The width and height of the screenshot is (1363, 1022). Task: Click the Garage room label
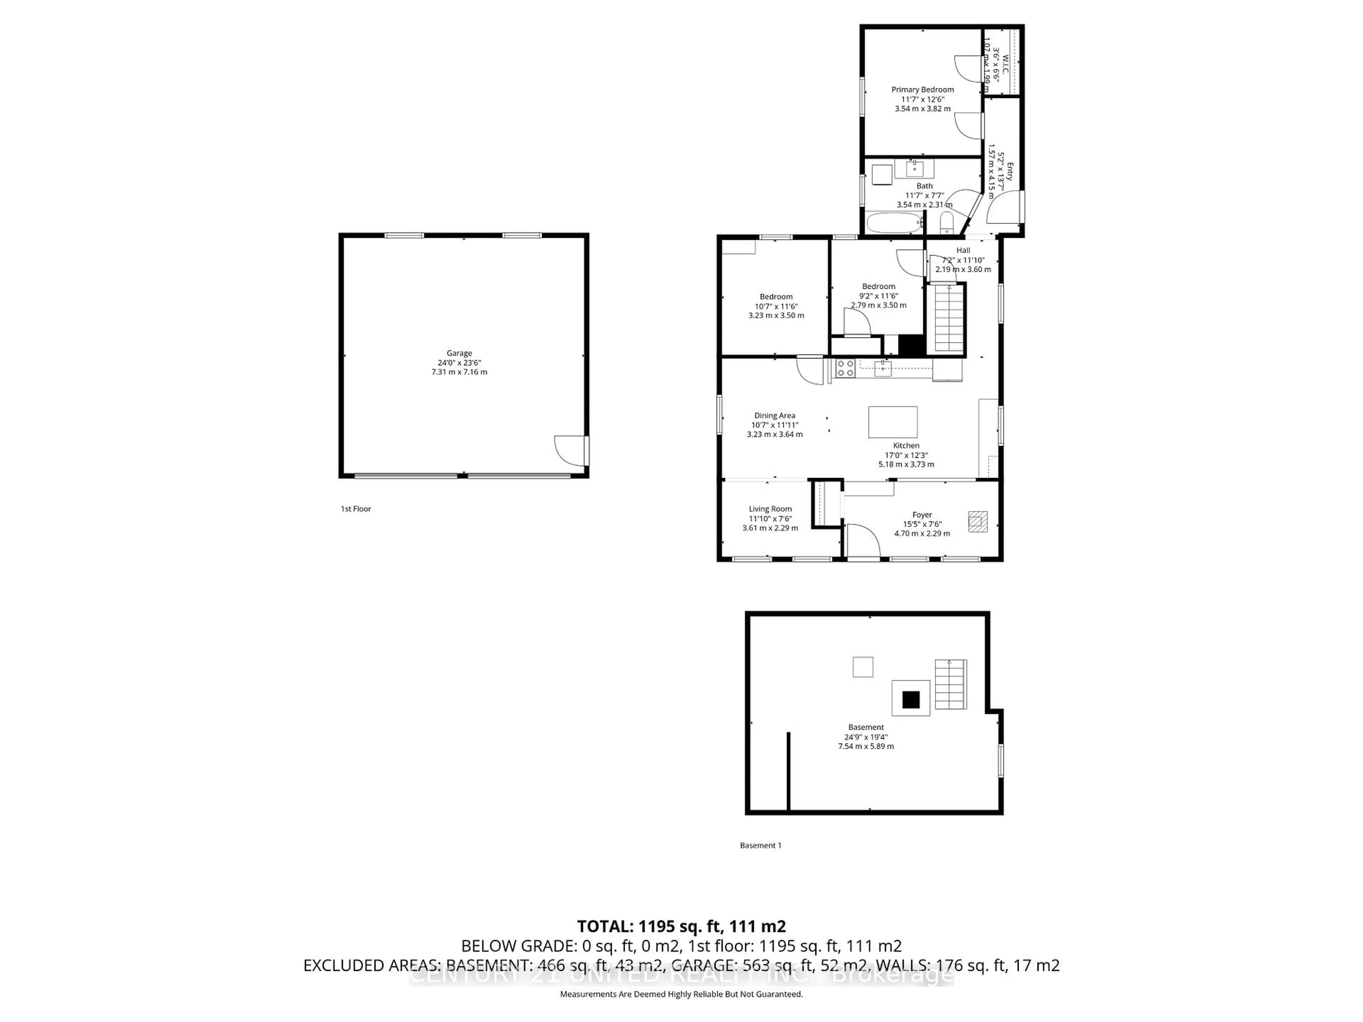pyautogui.click(x=459, y=362)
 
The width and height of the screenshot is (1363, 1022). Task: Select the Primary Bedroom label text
pyautogui.click(x=923, y=99)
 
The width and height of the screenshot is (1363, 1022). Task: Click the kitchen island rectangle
pyautogui.click(x=893, y=422)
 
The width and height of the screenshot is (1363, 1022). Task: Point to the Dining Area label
pyautogui.click(x=774, y=424)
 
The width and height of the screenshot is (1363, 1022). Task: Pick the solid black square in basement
pyautogui.click(x=911, y=700)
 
